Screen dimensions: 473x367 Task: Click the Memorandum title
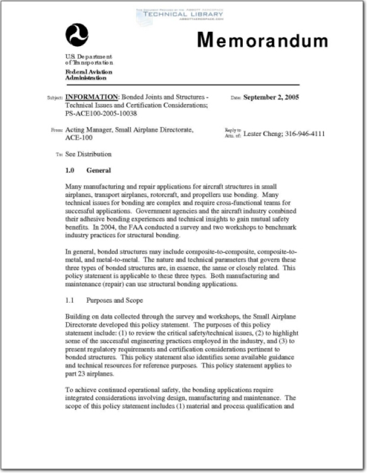[x=262, y=40]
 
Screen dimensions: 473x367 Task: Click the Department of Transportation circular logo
[x=76, y=35]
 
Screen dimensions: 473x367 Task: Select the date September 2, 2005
[x=271, y=97]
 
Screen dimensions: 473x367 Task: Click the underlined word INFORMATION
[x=91, y=97]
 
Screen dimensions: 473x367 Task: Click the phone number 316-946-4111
[x=305, y=134]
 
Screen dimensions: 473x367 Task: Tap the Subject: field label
[x=55, y=98]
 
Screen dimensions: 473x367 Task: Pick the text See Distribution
[x=88, y=154]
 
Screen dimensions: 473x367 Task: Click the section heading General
[x=99, y=170]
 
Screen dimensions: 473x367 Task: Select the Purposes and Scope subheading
[x=114, y=300]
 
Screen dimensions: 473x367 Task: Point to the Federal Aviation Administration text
[x=86, y=74]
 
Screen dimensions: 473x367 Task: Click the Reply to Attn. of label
[x=233, y=132]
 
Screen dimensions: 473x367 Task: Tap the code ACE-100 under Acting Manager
[x=79, y=137]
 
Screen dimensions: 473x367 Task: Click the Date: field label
[x=236, y=98]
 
